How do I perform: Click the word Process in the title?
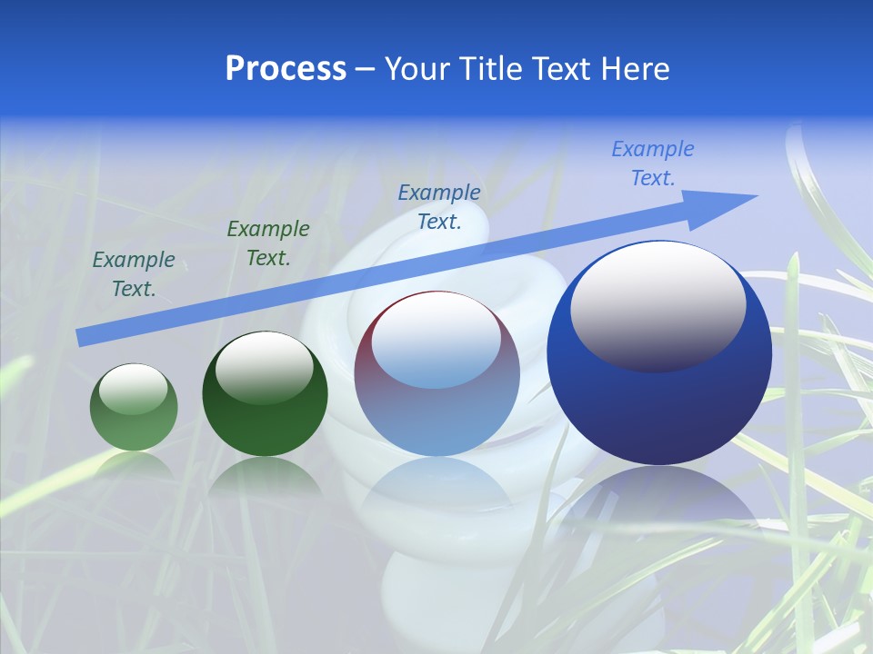coord(286,69)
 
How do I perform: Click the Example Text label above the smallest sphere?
coord(134,274)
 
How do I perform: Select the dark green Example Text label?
coord(268,243)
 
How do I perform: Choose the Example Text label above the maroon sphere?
coord(439,207)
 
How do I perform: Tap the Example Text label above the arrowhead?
coord(653,163)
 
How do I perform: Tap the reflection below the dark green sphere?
coord(265,477)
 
